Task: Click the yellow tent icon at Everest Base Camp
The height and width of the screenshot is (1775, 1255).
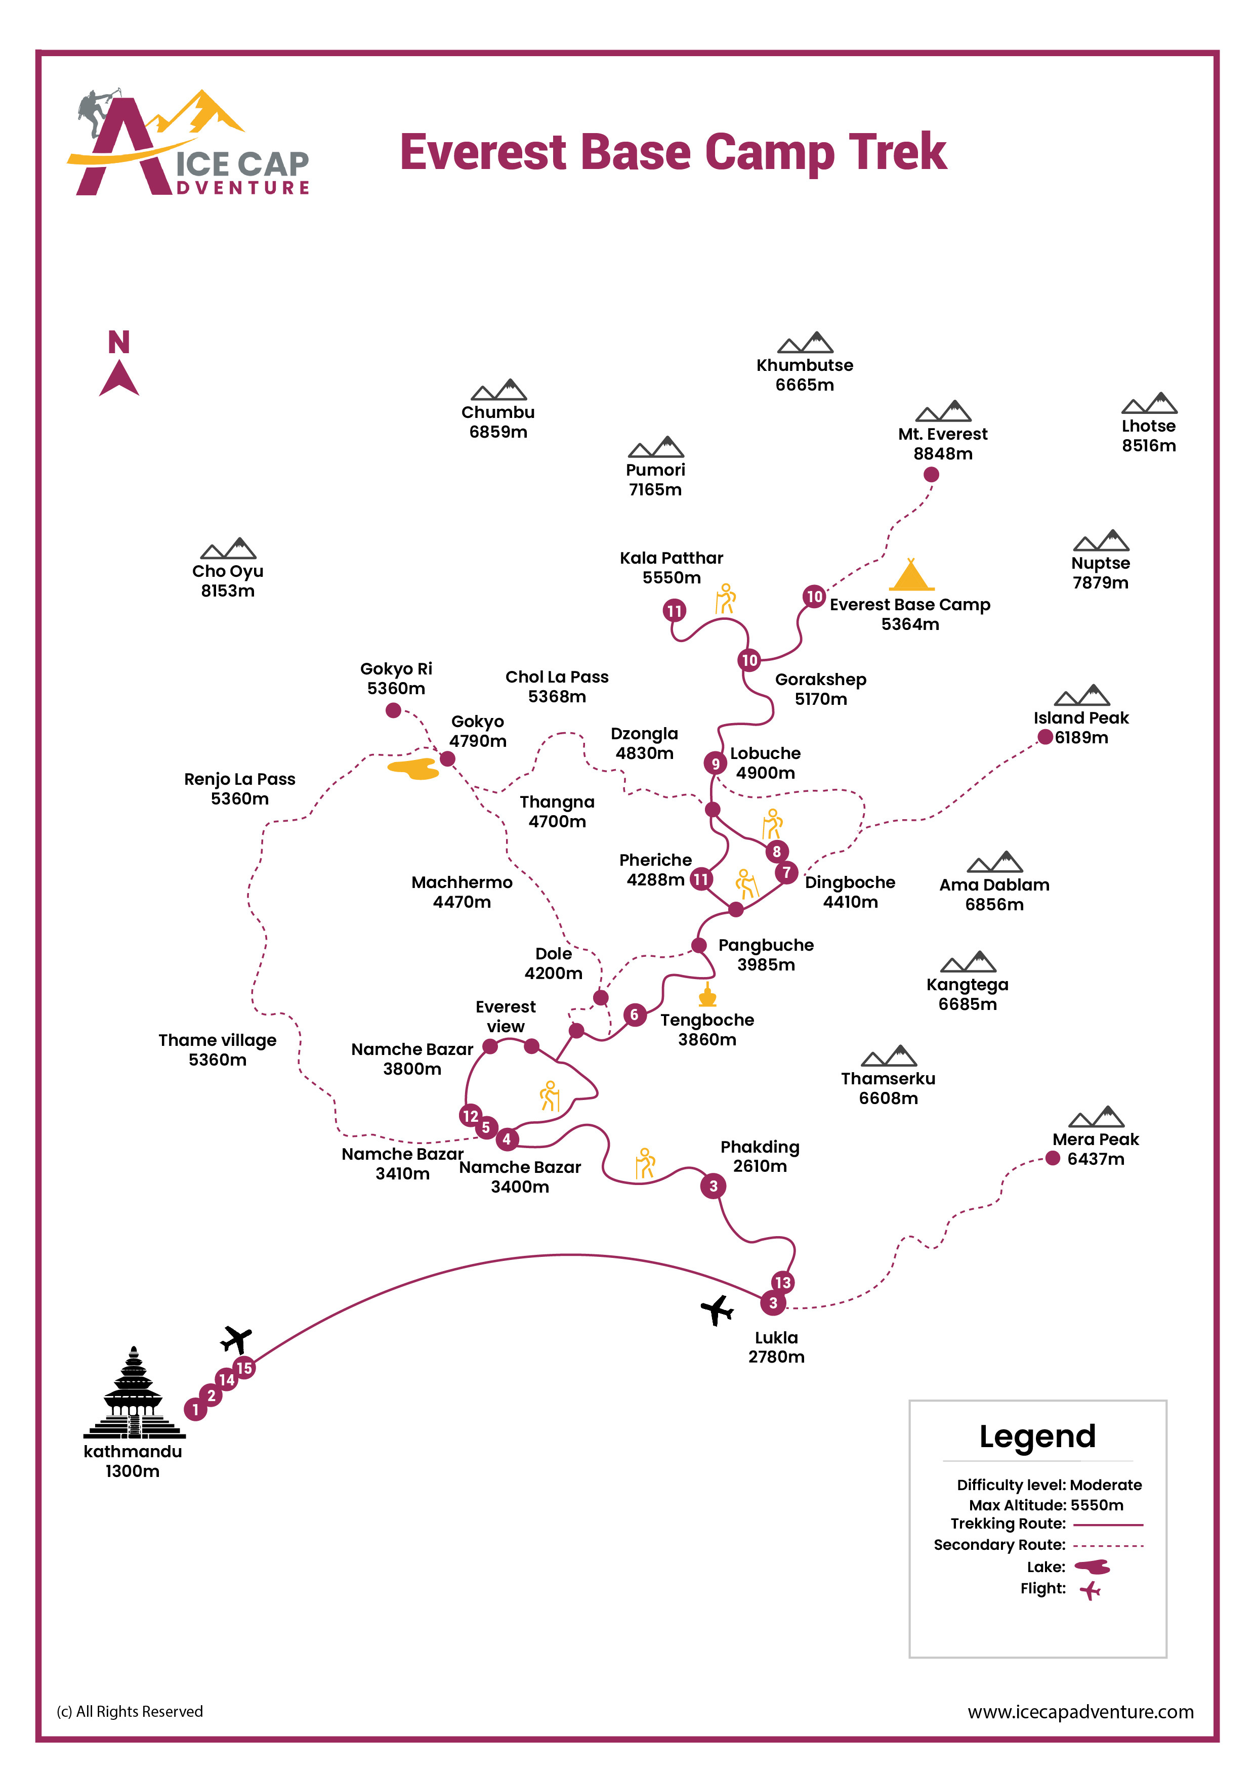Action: (911, 576)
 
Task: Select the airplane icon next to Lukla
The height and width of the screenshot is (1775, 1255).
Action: (717, 1309)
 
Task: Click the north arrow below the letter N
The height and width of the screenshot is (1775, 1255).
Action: (118, 379)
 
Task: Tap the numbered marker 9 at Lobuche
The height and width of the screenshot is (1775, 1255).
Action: (715, 764)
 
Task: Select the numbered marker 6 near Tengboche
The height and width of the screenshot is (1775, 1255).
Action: (634, 1015)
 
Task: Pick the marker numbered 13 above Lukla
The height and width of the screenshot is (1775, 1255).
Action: (782, 1282)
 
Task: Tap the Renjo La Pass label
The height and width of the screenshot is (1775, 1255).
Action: (240, 788)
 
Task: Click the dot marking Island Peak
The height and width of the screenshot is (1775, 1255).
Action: (1044, 737)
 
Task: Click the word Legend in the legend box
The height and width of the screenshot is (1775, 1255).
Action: (1036, 1436)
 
